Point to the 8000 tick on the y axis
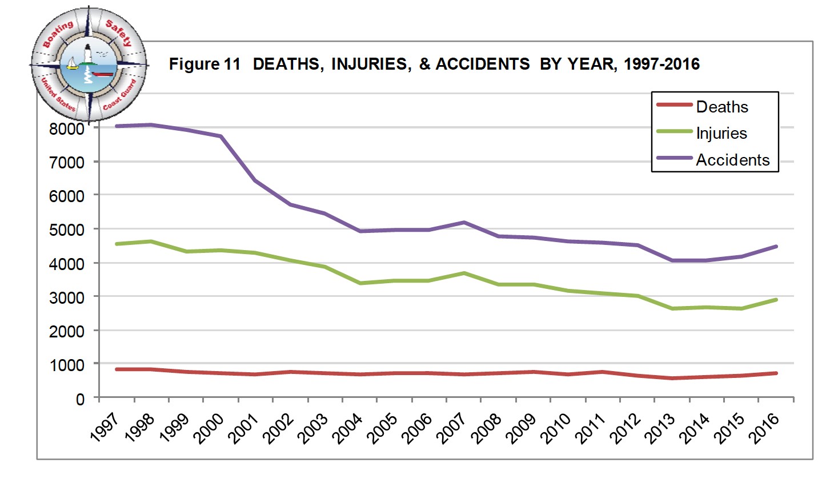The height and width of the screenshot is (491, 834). point(67,128)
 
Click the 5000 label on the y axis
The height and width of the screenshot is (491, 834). point(67,230)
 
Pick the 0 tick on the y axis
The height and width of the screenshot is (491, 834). point(80,399)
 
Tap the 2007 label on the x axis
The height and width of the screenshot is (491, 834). point(451,428)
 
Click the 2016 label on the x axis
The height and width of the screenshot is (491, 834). point(764,428)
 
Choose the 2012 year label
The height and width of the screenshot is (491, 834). point(625,428)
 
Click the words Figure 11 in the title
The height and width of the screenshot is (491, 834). point(205,64)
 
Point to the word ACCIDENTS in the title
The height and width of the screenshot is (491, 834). point(483,64)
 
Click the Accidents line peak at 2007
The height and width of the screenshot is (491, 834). point(464,223)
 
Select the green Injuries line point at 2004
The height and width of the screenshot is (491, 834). point(360,283)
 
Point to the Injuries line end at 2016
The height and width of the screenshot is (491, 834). point(776,300)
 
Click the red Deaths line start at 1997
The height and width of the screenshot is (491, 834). point(117,369)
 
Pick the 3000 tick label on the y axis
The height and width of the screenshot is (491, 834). point(67,297)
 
